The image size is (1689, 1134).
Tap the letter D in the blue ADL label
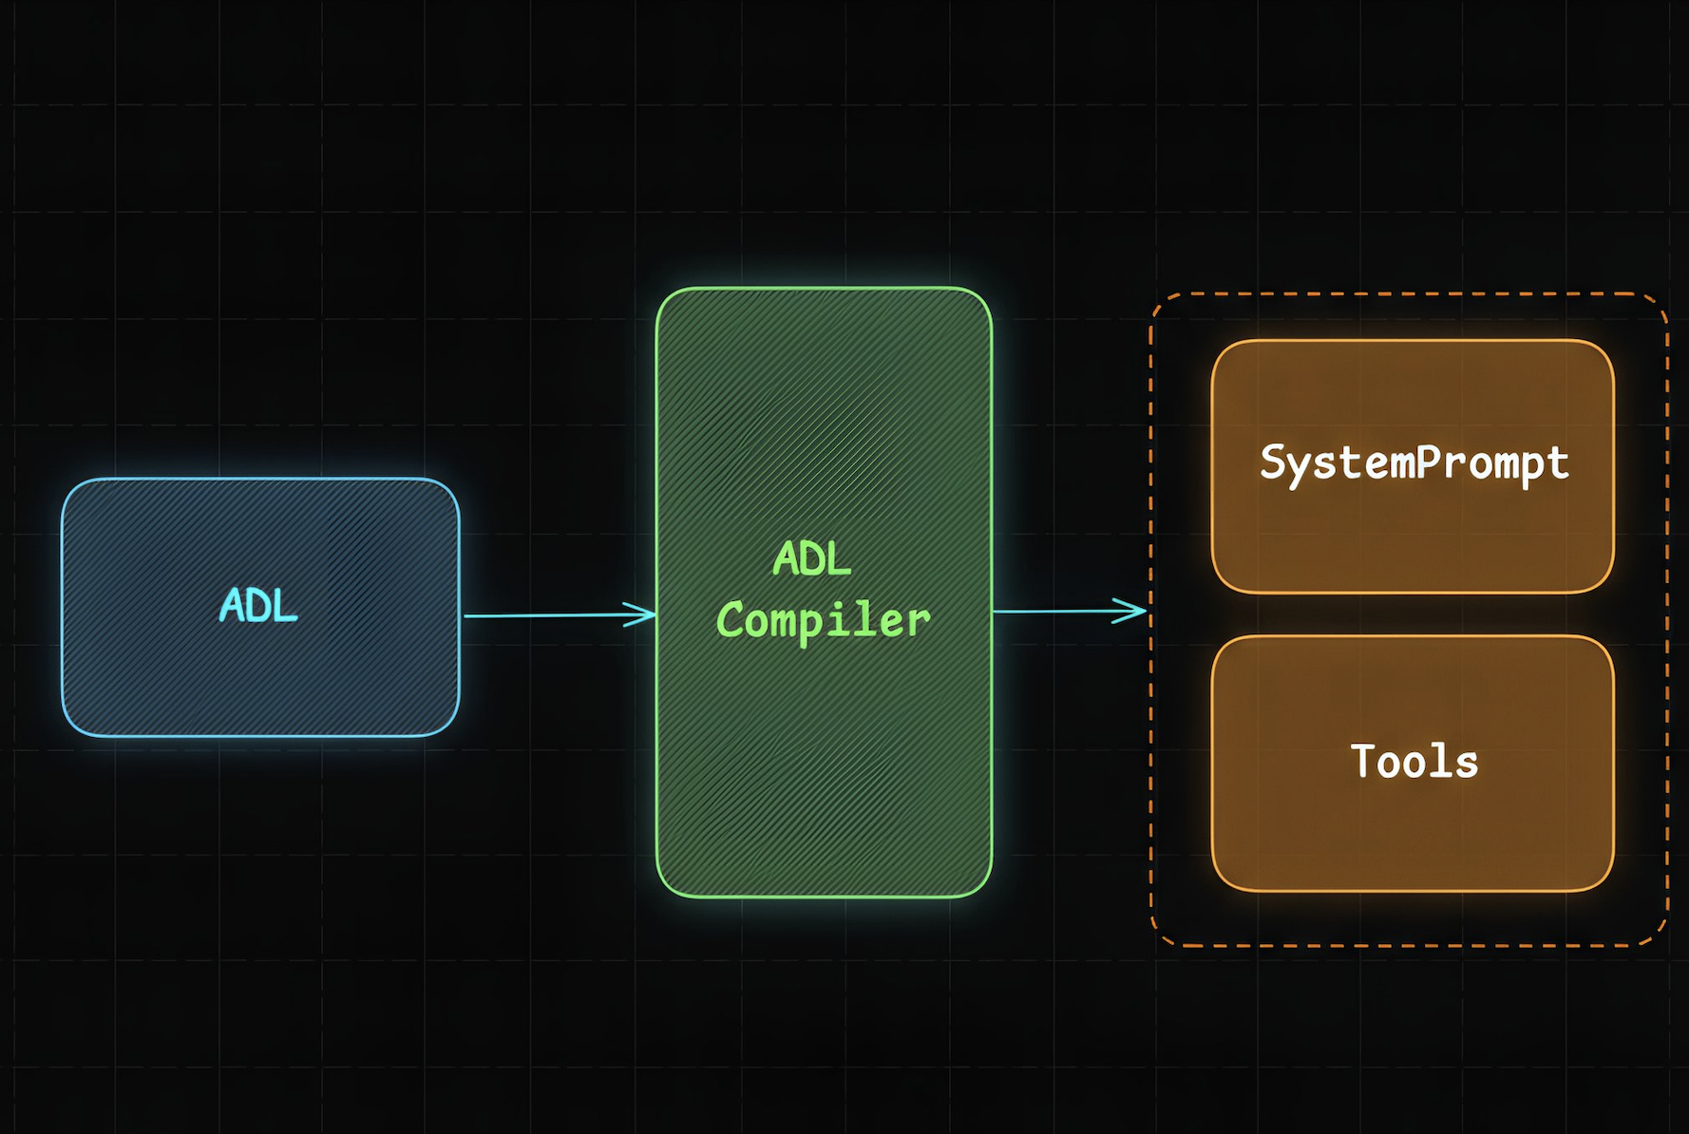click(x=257, y=606)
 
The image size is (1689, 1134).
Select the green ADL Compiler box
click(x=824, y=760)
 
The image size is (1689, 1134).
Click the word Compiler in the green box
click(x=824, y=621)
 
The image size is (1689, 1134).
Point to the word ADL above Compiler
click(x=811, y=558)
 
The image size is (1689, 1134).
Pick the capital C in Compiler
click(x=731, y=621)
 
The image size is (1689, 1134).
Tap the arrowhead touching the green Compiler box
click(x=642, y=614)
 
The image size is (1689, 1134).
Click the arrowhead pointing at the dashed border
click(x=1132, y=611)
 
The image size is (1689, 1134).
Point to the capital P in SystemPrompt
click(x=1430, y=463)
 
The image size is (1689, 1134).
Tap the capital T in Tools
click(x=1363, y=761)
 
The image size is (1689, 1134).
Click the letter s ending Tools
click(x=1468, y=764)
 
